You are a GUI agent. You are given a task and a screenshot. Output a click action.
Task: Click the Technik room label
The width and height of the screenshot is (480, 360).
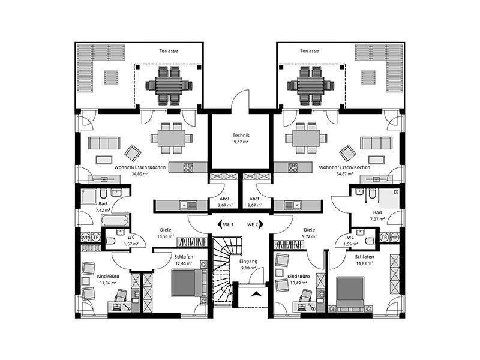[241, 135]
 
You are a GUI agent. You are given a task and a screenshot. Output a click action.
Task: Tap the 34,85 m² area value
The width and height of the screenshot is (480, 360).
[140, 173]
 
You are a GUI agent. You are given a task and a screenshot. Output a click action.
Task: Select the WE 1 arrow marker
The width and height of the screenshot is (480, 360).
[220, 224]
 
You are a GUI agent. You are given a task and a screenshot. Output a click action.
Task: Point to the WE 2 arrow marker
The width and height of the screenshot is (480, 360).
[261, 224]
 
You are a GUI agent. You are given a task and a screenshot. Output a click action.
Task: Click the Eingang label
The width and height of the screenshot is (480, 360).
[248, 262]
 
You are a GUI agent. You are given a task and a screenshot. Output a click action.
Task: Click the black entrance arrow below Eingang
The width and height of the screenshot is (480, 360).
[256, 294]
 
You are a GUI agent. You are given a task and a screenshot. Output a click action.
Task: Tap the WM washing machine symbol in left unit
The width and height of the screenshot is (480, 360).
[85, 237]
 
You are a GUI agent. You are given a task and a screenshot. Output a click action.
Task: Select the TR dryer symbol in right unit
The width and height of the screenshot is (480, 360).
[385, 237]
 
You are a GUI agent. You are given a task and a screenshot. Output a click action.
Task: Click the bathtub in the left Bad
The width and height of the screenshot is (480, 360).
[115, 220]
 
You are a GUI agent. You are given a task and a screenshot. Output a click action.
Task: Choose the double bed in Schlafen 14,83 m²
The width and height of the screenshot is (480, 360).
[350, 292]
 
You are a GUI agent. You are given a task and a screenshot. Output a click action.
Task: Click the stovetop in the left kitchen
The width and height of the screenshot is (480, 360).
[188, 167]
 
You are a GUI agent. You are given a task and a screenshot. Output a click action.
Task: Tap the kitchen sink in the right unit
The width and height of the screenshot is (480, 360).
[293, 205]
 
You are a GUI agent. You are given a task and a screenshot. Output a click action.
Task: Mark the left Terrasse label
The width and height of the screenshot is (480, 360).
[169, 51]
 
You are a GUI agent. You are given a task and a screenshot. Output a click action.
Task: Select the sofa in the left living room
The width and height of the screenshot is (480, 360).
[104, 143]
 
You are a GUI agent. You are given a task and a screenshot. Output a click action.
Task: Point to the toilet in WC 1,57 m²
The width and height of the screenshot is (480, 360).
[110, 241]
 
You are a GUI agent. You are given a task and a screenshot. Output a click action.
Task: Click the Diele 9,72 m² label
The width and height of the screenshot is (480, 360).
[309, 233]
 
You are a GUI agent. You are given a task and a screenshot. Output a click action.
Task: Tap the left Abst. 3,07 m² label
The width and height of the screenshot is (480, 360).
[225, 202]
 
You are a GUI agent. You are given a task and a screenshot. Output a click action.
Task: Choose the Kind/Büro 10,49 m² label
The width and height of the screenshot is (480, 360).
[298, 279]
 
